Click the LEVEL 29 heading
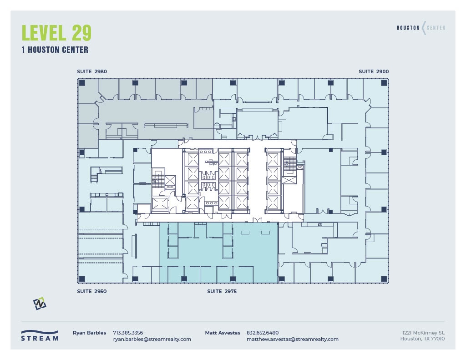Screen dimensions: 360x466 point(56,33)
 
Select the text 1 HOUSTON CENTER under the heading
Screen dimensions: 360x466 point(55,50)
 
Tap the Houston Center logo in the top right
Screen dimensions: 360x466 point(421,28)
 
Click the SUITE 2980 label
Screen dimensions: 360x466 point(92,71)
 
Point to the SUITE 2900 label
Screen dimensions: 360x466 point(374,71)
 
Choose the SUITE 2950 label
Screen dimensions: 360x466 point(92,291)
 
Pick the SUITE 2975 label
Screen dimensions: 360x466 point(222,291)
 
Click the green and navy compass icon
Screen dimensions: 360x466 point(40,304)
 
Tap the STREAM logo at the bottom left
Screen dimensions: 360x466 point(40,336)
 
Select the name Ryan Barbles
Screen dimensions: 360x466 point(89,333)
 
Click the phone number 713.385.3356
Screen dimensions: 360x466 point(128,333)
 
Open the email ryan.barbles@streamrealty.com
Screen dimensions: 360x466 point(152,339)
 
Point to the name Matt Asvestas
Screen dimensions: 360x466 point(223,333)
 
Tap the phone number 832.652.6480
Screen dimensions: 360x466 point(263,333)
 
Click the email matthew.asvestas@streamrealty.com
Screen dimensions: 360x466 point(292,339)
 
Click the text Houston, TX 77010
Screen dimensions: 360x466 point(422,339)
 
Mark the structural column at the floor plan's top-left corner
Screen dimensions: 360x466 point(82,83)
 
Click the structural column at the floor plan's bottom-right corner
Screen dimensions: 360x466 point(384,279)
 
